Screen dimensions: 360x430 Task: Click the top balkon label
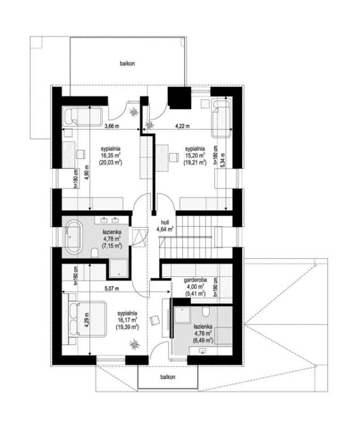point(127,64)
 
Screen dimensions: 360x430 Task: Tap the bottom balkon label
point(168,377)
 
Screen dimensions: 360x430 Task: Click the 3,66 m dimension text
point(112,126)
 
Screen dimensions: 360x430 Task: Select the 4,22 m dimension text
point(182,126)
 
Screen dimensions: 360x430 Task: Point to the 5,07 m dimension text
point(112,289)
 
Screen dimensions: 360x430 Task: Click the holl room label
point(165,222)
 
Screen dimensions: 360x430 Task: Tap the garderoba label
point(195,280)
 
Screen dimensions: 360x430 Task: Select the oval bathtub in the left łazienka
point(73,236)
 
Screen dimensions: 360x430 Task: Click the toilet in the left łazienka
point(94,253)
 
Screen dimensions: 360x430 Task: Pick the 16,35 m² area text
point(111,155)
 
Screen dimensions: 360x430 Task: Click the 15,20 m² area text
point(195,155)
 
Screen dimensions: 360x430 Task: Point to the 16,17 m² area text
point(127,320)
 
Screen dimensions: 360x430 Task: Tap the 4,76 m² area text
point(203,334)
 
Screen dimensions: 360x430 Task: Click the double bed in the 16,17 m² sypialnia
point(87,319)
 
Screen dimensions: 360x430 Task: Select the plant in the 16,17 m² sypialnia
point(134,344)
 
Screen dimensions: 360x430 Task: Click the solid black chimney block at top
point(179,98)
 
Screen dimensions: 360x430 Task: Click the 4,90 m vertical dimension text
point(87,172)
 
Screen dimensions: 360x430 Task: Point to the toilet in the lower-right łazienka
point(206,311)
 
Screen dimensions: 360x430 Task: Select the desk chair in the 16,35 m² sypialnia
point(81,154)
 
